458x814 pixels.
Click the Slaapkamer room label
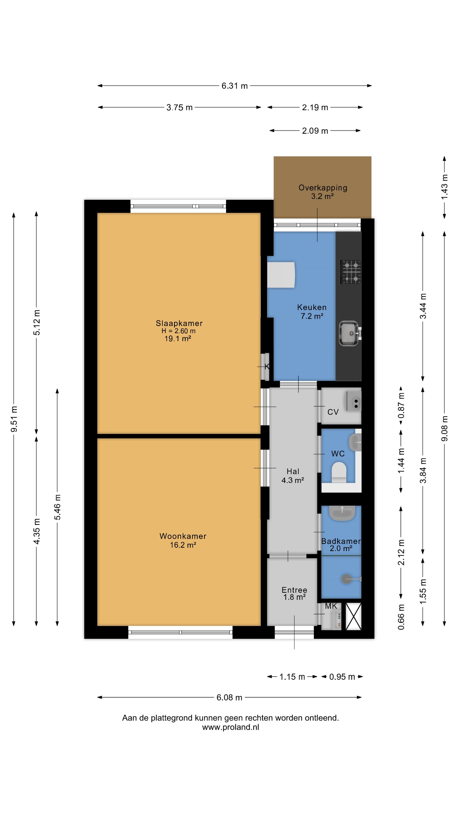click(179, 323)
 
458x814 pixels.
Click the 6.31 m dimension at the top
click(235, 86)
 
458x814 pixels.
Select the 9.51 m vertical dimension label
click(14, 419)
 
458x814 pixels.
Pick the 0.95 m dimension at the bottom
click(342, 677)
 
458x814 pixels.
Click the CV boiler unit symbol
click(354, 401)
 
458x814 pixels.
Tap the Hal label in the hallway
click(293, 471)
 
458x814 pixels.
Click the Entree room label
click(294, 590)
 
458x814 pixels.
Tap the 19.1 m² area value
click(178, 339)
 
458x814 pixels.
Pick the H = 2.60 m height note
click(179, 331)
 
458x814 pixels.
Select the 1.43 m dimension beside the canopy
click(444, 187)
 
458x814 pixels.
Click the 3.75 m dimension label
click(180, 107)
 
